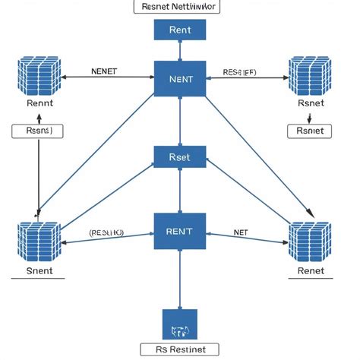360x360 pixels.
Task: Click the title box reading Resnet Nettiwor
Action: (x=179, y=7)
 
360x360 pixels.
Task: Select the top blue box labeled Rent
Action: (x=179, y=30)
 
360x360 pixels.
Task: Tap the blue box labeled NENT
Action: (x=179, y=78)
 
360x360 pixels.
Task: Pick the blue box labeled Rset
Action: (x=179, y=157)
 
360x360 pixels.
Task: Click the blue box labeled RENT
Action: (x=179, y=231)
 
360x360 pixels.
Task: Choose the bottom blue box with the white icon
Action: (x=179, y=324)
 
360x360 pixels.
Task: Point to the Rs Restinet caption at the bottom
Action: (x=179, y=350)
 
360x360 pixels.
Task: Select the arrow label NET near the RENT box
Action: (x=241, y=232)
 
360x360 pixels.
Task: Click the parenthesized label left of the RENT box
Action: (x=107, y=233)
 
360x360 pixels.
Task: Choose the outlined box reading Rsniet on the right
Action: (x=310, y=131)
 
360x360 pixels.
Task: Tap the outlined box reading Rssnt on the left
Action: (x=38, y=131)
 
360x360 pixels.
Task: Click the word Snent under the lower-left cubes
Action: (x=39, y=270)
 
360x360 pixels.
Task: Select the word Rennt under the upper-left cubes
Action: (x=39, y=103)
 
